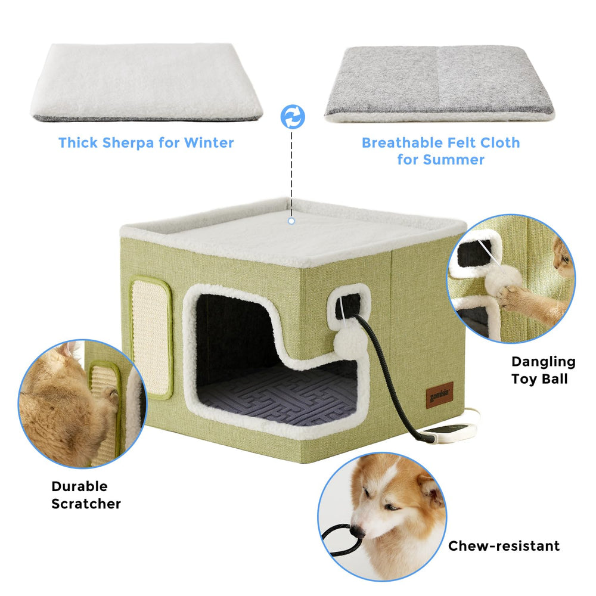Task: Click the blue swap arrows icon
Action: pyautogui.click(x=293, y=117)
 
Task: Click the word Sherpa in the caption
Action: pyautogui.click(x=128, y=143)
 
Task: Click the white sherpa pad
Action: pyautogui.click(x=147, y=82)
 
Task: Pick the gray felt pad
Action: pyautogui.click(x=440, y=84)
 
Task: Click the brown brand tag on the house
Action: pyautogui.click(x=439, y=395)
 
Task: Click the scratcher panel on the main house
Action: pyautogui.click(x=151, y=337)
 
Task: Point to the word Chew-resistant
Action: pyautogui.click(x=504, y=546)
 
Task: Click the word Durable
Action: pyautogui.click(x=79, y=486)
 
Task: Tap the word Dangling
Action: pyautogui.click(x=543, y=362)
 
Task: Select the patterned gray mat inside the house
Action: pyautogui.click(x=278, y=395)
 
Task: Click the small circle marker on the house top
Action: pyautogui.click(x=291, y=221)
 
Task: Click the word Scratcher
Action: pyautogui.click(x=86, y=504)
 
